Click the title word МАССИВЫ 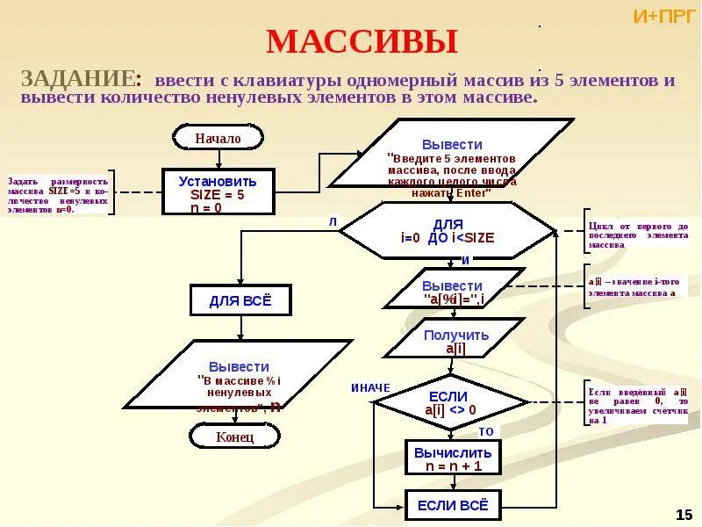point(362,42)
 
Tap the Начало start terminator point(218,138)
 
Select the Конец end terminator point(234,436)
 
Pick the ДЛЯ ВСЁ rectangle point(240,300)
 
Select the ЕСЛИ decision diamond point(448,403)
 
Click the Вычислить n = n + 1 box point(453,458)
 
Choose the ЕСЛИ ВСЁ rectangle point(453,505)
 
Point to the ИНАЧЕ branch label point(370,387)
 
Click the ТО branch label point(486,432)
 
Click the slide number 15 point(684,513)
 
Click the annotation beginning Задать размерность point(58,192)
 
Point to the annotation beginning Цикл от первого point(638,235)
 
